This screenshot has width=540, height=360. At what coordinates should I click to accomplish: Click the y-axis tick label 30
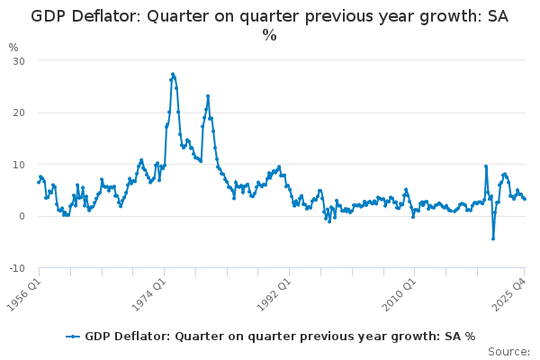tap(18, 60)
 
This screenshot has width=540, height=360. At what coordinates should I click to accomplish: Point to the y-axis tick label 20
tap(18, 112)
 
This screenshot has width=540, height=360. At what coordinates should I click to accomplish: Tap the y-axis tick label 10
tap(18, 165)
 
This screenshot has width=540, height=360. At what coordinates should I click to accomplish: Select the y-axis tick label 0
tap(21, 217)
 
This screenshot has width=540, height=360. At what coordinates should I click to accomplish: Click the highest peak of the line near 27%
tap(172, 74)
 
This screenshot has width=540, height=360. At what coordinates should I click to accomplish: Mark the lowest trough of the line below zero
tap(493, 238)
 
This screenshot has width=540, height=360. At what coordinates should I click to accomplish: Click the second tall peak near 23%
tap(208, 95)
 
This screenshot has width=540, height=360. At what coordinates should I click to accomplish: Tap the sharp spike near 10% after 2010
tap(486, 166)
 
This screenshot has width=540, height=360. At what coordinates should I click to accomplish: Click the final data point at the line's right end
tap(525, 199)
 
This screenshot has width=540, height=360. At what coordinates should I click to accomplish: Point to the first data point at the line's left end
tap(39, 183)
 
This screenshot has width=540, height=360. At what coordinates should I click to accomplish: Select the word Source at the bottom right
tap(508, 352)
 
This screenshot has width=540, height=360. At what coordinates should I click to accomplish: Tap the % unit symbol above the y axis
tap(13, 47)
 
